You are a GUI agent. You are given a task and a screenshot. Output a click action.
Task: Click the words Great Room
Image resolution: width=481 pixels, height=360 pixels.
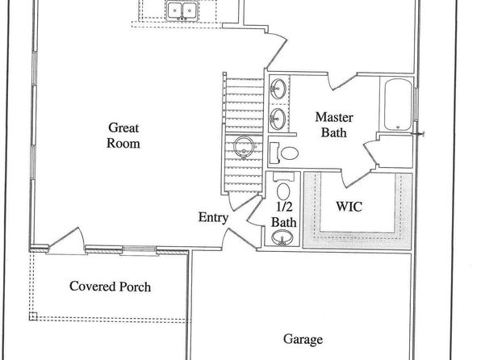point(123,136)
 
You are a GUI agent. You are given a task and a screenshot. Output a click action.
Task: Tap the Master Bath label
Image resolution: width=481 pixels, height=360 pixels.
point(334,125)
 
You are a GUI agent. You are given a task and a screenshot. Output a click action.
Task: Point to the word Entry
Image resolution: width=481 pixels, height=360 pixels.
point(213,217)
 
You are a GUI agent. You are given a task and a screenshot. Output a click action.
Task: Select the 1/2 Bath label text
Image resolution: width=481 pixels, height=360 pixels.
point(284,215)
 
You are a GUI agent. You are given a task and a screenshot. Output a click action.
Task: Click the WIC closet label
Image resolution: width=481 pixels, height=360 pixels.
point(349,207)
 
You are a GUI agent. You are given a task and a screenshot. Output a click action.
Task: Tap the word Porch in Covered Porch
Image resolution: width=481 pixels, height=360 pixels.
point(135,287)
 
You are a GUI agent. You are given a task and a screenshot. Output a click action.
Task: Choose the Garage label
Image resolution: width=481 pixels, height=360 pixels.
point(303,340)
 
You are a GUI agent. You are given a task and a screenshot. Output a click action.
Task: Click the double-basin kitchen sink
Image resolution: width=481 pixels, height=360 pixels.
point(182,11)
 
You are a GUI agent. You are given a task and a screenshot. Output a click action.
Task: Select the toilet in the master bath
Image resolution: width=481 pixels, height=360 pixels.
point(283,153)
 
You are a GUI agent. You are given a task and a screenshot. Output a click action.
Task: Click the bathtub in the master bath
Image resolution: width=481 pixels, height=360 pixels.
point(398,105)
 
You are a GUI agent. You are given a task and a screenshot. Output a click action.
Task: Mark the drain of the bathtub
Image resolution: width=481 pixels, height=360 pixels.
point(398,127)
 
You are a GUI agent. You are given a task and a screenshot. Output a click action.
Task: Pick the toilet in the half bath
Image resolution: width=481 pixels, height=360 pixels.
point(283,187)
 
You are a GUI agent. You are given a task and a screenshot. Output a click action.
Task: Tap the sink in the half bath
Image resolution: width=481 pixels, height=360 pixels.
point(282,237)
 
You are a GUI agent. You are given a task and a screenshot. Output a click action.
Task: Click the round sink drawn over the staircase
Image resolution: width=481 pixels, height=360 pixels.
point(244,147)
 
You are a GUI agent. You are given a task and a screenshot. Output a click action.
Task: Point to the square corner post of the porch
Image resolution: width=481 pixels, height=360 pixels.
point(33,316)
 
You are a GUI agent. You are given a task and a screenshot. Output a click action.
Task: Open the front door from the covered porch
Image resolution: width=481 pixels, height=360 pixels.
point(66,241)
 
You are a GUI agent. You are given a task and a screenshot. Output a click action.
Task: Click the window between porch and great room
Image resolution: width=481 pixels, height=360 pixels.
point(140,249)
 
